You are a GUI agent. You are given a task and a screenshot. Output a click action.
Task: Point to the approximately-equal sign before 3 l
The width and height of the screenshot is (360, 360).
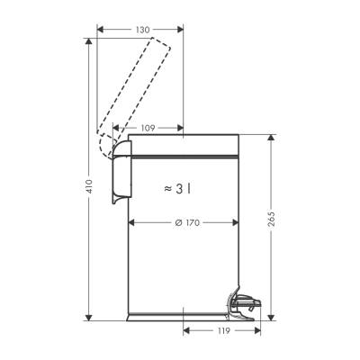(x=167, y=188)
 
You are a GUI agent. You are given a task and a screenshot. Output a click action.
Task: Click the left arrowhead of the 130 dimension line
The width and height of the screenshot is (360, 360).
(x=99, y=31)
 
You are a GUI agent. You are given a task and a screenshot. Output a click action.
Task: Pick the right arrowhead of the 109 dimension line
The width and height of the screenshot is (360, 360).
(x=181, y=129)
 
